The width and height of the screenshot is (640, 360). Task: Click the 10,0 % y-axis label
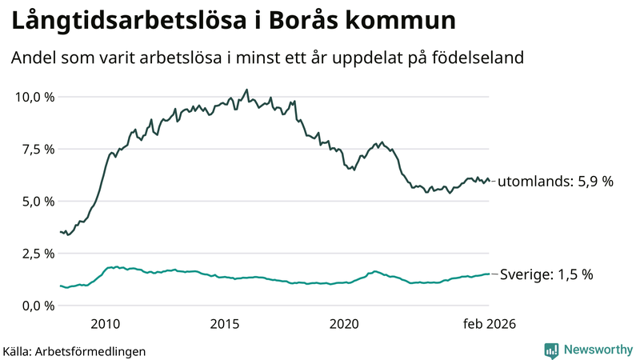tap(34, 97)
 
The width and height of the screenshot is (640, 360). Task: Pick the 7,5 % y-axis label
tap(37, 149)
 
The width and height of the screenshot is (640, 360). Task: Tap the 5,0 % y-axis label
tap(37, 201)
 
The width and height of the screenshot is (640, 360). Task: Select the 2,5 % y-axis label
tap(37, 254)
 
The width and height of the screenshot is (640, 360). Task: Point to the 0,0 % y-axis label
tap(37, 306)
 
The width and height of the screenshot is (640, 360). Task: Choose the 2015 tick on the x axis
tap(225, 324)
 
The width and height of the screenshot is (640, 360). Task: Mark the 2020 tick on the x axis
tap(344, 324)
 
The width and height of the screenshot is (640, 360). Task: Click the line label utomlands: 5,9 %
tap(555, 182)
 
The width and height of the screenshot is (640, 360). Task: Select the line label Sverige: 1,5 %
tap(546, 274)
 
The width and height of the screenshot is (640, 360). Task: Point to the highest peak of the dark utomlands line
tap(246, 90)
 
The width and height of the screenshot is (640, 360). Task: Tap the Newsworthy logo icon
tap(551, 350)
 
